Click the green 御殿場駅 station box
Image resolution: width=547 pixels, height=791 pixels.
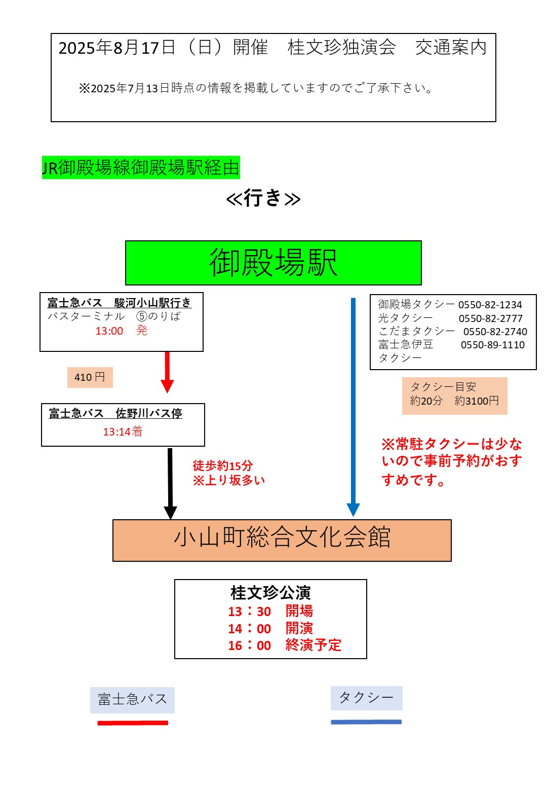[x=273, y=263]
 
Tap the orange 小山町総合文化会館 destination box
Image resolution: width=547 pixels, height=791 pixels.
[x=282, y=540]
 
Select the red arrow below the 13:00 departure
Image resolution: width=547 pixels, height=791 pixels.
[x=167, y=372]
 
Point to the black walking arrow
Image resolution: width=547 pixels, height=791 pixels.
[x=170, y=483]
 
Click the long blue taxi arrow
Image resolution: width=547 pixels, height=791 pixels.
[x=353, y=407]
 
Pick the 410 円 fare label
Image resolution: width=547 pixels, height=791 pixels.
[x=90, y=377]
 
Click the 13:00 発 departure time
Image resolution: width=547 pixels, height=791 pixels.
[x=122, y=331]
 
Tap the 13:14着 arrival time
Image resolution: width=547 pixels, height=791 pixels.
[x=123, y=432]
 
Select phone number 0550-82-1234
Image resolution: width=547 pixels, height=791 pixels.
[x=490, y=304]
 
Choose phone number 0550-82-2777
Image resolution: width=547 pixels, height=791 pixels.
[x=491, y=318]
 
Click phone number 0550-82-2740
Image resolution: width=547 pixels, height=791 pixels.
[x=495, y=332]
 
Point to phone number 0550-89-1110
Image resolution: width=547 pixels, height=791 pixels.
[x=493, y=345]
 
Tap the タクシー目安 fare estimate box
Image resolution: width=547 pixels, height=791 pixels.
[x=455, y=395]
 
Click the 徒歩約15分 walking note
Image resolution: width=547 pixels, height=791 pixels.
[x=222, y=465]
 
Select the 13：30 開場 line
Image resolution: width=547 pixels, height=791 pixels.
[x=270, y=611]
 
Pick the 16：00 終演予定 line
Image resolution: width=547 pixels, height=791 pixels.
[x=285, y=645]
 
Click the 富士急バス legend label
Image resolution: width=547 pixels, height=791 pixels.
[x=132, y=699]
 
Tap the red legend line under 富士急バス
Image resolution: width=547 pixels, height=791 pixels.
[x=133, y=723]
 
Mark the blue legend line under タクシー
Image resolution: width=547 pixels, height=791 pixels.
[x=366, y=722]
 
